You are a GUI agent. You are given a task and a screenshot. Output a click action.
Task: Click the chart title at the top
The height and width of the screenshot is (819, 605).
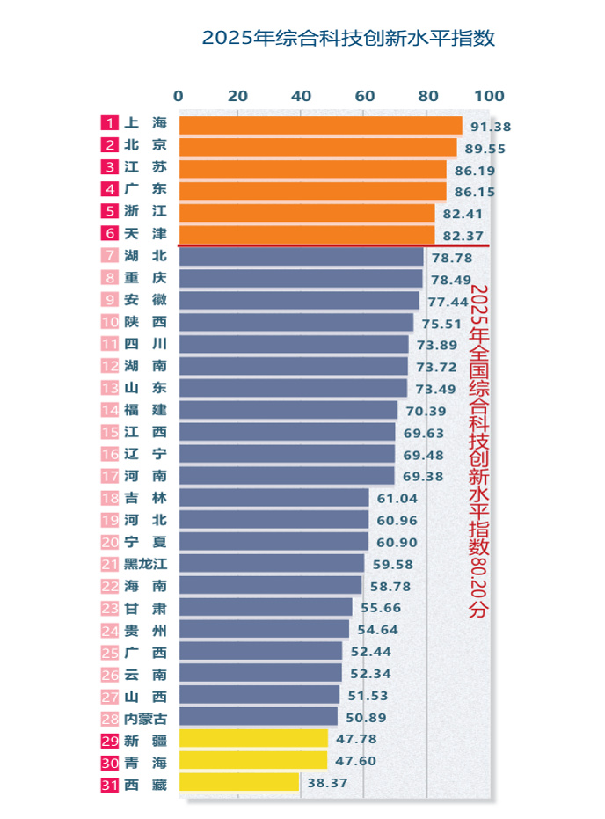click(x=349, y=38)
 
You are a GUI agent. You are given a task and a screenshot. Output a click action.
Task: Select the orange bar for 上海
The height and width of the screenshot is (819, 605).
click(x=320, y=125)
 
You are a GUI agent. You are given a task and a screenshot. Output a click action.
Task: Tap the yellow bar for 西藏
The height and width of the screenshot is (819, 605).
click(x=239, y=782)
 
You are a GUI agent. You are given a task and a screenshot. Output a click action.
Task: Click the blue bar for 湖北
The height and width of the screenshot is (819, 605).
click(x=301, y=257)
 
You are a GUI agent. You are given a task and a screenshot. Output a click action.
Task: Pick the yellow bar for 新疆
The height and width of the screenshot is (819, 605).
click(x=253, y=738)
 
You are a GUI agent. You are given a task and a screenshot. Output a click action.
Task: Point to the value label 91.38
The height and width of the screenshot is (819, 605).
click(x=490, y=127)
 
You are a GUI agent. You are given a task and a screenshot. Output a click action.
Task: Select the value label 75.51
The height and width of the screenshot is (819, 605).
click(x=441, y=324)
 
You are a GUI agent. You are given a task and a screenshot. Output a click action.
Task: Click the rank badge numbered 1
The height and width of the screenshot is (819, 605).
click(x=110, y=123)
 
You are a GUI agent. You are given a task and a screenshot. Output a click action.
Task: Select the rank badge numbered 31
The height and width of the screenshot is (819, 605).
click(x=110, y=783)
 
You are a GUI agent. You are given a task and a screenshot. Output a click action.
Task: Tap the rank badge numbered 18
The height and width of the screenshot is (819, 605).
click(x=110, y=498)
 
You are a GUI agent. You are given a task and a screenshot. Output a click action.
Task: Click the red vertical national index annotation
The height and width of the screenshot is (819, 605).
click(x=477, y=449)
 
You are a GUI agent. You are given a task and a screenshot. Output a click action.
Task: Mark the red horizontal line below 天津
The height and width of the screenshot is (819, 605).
click(x=334, y=245)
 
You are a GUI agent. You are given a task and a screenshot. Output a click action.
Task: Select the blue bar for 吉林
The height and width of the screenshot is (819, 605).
click(x=273, y=498)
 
